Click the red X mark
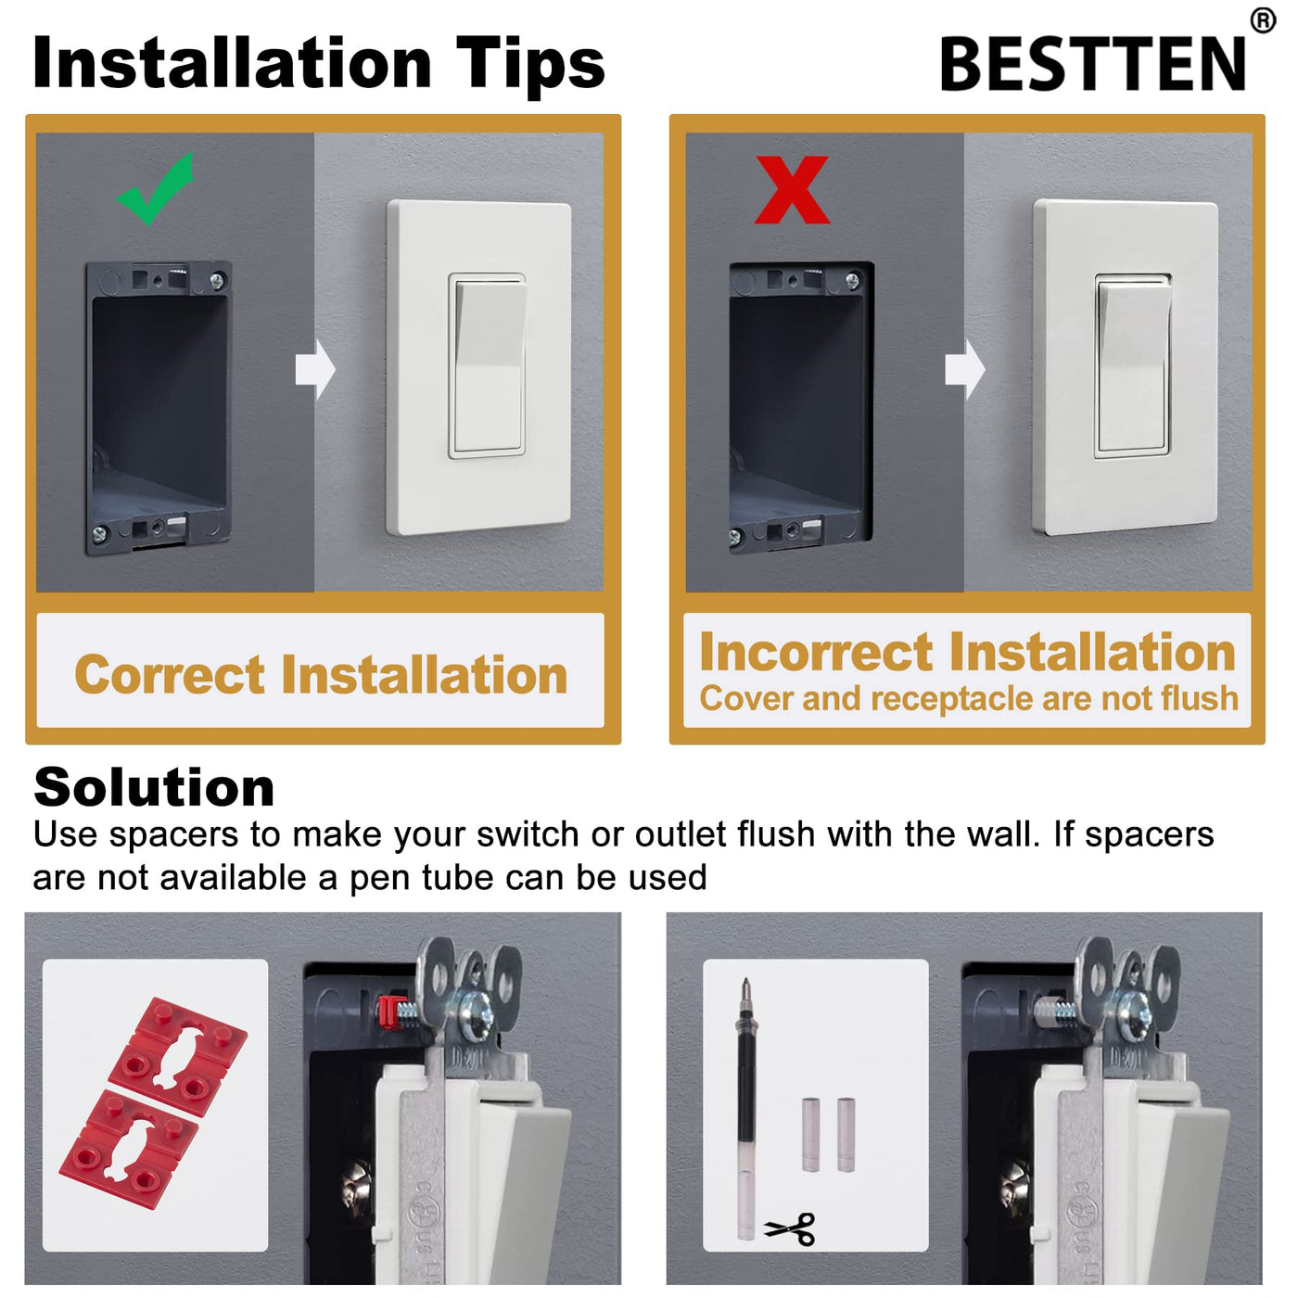[x=792, y=189]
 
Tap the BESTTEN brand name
[x=1092, y=63]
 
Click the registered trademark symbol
[x=1263, y=20]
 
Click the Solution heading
[x=154, y=787]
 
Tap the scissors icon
[x=790, y=1228]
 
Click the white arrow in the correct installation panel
[x=315, y=370]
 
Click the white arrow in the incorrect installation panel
[x=964, y=370]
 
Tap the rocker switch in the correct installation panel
[x=487, y=366]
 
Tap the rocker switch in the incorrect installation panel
[x=1133, y=366]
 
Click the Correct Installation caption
[x=321, y=674]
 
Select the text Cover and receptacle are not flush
[x=969, y=698]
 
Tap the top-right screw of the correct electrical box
[x=217, y=280]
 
